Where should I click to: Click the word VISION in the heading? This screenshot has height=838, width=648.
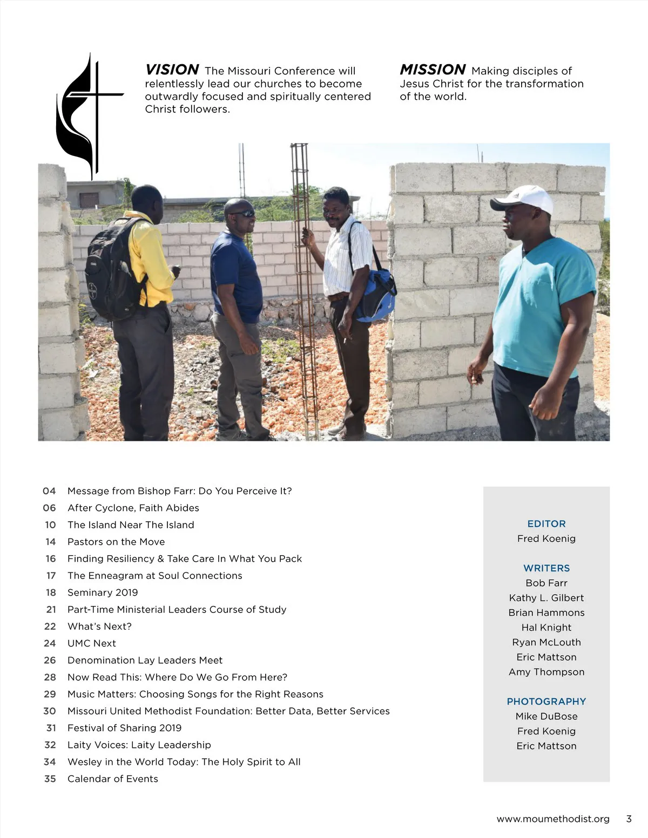tap(172, 70)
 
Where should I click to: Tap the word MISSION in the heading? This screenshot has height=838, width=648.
tap(433, 70)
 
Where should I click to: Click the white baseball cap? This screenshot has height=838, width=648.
tap(523, 200)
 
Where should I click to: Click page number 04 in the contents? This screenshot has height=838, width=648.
tap(49, 491)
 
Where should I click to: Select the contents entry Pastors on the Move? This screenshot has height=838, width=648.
tap(116, 542)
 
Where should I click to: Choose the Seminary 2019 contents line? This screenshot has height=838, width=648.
tap(103, 592)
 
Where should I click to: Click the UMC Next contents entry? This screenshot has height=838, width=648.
tap(92, 643)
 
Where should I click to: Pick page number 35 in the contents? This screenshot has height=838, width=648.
tap(50, 779)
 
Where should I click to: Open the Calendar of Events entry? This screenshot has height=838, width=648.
tap(113, 779)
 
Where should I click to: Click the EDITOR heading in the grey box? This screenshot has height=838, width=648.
tap(546, 524)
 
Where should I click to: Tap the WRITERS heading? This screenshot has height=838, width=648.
tap(546, 568)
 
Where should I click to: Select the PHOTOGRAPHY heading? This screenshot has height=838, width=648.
tap(546, 701)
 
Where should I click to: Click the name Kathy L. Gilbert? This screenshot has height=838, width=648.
tap(546, 598)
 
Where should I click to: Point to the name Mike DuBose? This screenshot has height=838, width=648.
tap(546, 717)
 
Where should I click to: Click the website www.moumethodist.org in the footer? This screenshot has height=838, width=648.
tap(553, 819)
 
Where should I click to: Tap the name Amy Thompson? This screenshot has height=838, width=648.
tap(546, 672)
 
